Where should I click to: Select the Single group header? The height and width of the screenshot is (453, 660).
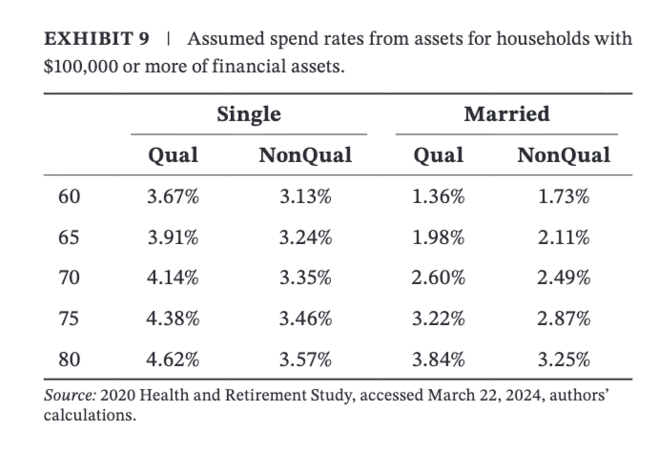pos(248,115)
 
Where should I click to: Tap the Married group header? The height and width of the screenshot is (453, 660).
pos(505,115)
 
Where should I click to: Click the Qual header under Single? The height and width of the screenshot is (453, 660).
pos(173,155)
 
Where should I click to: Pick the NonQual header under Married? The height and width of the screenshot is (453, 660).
pos(562,155)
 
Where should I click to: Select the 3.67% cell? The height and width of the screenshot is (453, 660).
pos(173,197)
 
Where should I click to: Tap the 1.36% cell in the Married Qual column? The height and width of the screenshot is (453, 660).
pos(438,197)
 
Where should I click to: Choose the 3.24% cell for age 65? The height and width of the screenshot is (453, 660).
pos(304,237)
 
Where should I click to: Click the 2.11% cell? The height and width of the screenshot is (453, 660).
pos(563,237)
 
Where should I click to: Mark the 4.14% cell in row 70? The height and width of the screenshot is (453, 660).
pos(173,278)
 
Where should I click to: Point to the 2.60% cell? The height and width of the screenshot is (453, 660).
pos(438,278)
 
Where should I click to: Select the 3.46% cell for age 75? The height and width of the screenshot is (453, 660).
pos(304,319)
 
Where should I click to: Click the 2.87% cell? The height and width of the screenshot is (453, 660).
pos(563,319)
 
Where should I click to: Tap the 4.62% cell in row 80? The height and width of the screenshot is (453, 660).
pos(173,360)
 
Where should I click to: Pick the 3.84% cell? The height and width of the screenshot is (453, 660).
pos(438,360)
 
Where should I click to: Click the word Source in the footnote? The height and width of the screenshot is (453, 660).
pos(66,395)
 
